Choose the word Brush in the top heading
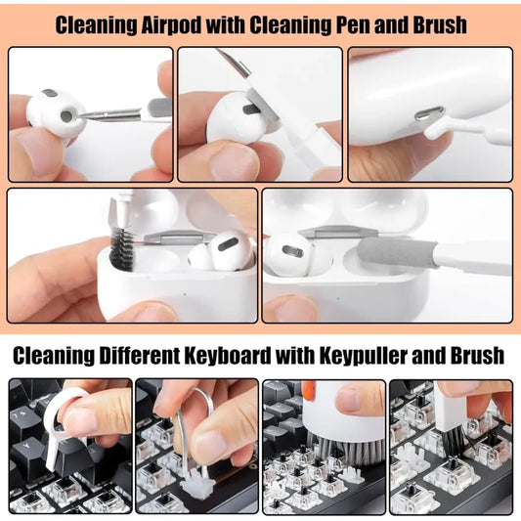(x=436, y=23)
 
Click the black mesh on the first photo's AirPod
(x=65, y=115)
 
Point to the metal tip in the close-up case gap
(x=427, y=114)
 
